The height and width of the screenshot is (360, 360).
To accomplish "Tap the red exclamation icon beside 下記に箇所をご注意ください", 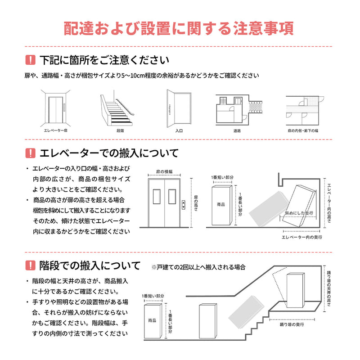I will tap(30, 60).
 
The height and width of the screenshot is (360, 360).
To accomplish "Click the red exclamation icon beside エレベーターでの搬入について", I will tap(30, 153).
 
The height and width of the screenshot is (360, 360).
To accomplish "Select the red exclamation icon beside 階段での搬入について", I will tap(30, 265).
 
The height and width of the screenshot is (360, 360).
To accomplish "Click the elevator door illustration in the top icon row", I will tap(54, 108).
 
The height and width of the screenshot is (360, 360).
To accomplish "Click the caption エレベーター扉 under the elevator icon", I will tap(54, 130).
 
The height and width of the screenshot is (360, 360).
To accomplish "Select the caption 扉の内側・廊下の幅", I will tap(303, 130).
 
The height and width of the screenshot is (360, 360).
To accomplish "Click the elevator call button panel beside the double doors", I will tap(184, 205).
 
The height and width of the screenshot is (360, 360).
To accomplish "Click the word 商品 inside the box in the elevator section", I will tap(221, 204).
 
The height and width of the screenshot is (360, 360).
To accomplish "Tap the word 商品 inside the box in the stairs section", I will tap(152, 320).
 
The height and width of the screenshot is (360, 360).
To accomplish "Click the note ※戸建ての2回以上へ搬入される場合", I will tap(198, 267).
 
